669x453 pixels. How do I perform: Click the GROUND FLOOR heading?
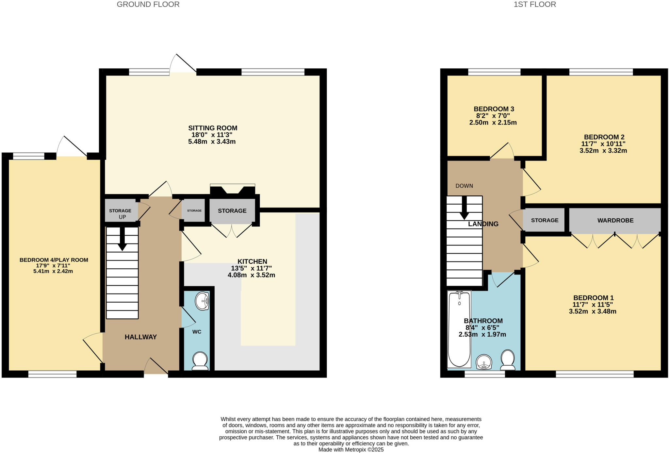pos(148,5)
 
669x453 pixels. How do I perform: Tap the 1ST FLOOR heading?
pos(535,5)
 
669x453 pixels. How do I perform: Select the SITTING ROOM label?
pos(213,128)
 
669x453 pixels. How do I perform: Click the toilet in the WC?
pos(200,361)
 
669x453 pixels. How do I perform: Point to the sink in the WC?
pos(202,301)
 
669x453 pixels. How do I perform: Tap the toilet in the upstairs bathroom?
pos(508,360)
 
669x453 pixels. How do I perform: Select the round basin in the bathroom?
pos(484,362)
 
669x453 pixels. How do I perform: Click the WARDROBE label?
pos(615,221)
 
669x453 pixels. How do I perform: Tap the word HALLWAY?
pos(141,337)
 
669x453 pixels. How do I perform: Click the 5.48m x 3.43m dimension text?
pos(212,142)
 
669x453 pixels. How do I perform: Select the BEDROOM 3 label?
pos(494,109)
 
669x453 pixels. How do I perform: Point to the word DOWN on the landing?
pos(464,186)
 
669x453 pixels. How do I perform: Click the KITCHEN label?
pos(252,261)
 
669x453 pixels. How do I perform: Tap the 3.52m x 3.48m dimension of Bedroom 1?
pos(593,311)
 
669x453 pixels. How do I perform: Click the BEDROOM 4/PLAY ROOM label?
pos(54,260)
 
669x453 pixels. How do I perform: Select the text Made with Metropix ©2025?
pos(351,450)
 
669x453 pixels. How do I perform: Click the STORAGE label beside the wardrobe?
pos(545,221)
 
